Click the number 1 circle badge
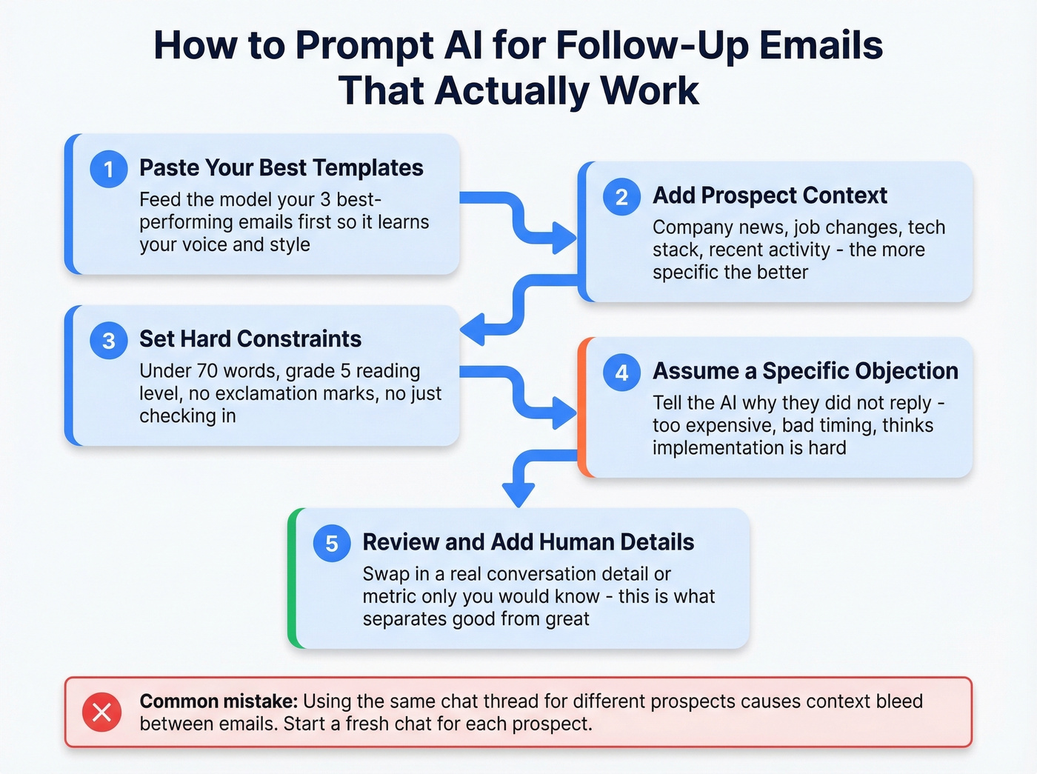109,169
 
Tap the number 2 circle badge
622,196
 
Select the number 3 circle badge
109,340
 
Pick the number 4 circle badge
622,372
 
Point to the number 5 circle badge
332,543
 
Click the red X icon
102,712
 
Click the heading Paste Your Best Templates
281,168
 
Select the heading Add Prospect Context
770,196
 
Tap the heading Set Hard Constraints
250,339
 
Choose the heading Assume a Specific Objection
805,371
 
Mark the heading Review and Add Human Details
528,542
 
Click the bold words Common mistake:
219,701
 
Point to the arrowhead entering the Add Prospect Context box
565,238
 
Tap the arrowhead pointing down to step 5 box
518,495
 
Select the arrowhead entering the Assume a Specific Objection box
565,413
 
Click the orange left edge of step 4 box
583,407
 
